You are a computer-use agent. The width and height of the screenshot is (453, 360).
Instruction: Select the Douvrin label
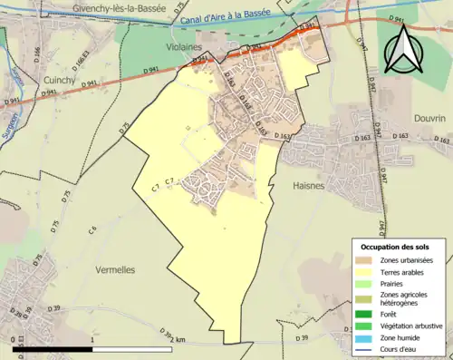[419, 119]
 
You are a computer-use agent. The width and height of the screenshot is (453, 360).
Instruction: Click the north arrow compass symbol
[402, 47]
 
